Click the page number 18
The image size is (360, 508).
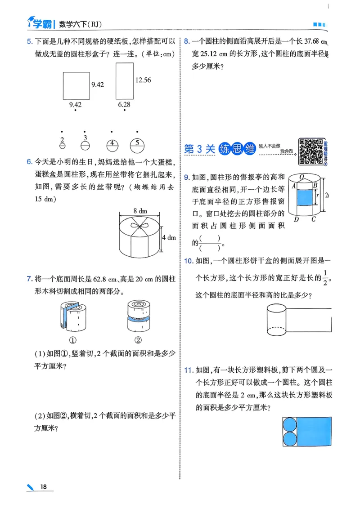click(x=44, y=486)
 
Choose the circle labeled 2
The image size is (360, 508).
click(x=63, y=145)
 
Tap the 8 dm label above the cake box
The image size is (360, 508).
click(x=140, y=210)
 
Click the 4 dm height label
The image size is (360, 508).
click(x=168, y=237)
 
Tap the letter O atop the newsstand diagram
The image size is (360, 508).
click(x=302, y=177)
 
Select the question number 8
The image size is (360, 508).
click(x=187, y=42)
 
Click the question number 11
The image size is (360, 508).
click(x=189, y=370)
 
